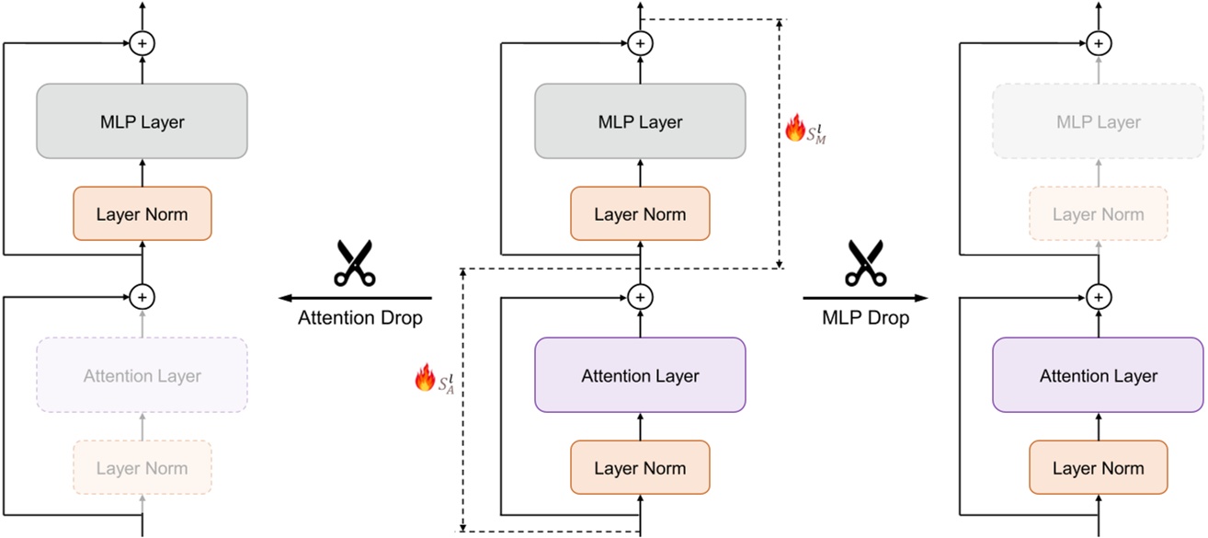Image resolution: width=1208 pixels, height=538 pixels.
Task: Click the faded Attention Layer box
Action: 142,375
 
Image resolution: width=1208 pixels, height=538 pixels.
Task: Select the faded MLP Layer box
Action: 1098,122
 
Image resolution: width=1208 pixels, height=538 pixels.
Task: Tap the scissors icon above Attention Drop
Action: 354,262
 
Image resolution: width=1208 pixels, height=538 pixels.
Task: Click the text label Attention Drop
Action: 360,318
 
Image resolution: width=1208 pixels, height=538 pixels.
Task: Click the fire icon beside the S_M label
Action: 794,128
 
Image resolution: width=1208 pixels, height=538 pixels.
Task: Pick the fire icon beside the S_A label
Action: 425,378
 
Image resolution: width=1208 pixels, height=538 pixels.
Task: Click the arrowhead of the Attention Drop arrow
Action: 284,298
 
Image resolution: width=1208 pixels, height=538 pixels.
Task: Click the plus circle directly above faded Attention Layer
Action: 142,296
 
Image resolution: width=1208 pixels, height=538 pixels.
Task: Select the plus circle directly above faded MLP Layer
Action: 1098,43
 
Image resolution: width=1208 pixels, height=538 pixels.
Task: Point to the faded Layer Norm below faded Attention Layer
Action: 142,468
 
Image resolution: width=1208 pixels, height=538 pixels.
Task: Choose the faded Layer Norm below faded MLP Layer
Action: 1098,214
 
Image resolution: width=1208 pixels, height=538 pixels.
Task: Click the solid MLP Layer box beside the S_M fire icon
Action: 640,122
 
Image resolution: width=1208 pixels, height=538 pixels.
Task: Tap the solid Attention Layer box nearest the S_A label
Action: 640,375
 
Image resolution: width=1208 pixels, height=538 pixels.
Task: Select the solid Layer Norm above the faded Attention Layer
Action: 142,214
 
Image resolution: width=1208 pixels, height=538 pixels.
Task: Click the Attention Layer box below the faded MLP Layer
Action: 1098,375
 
